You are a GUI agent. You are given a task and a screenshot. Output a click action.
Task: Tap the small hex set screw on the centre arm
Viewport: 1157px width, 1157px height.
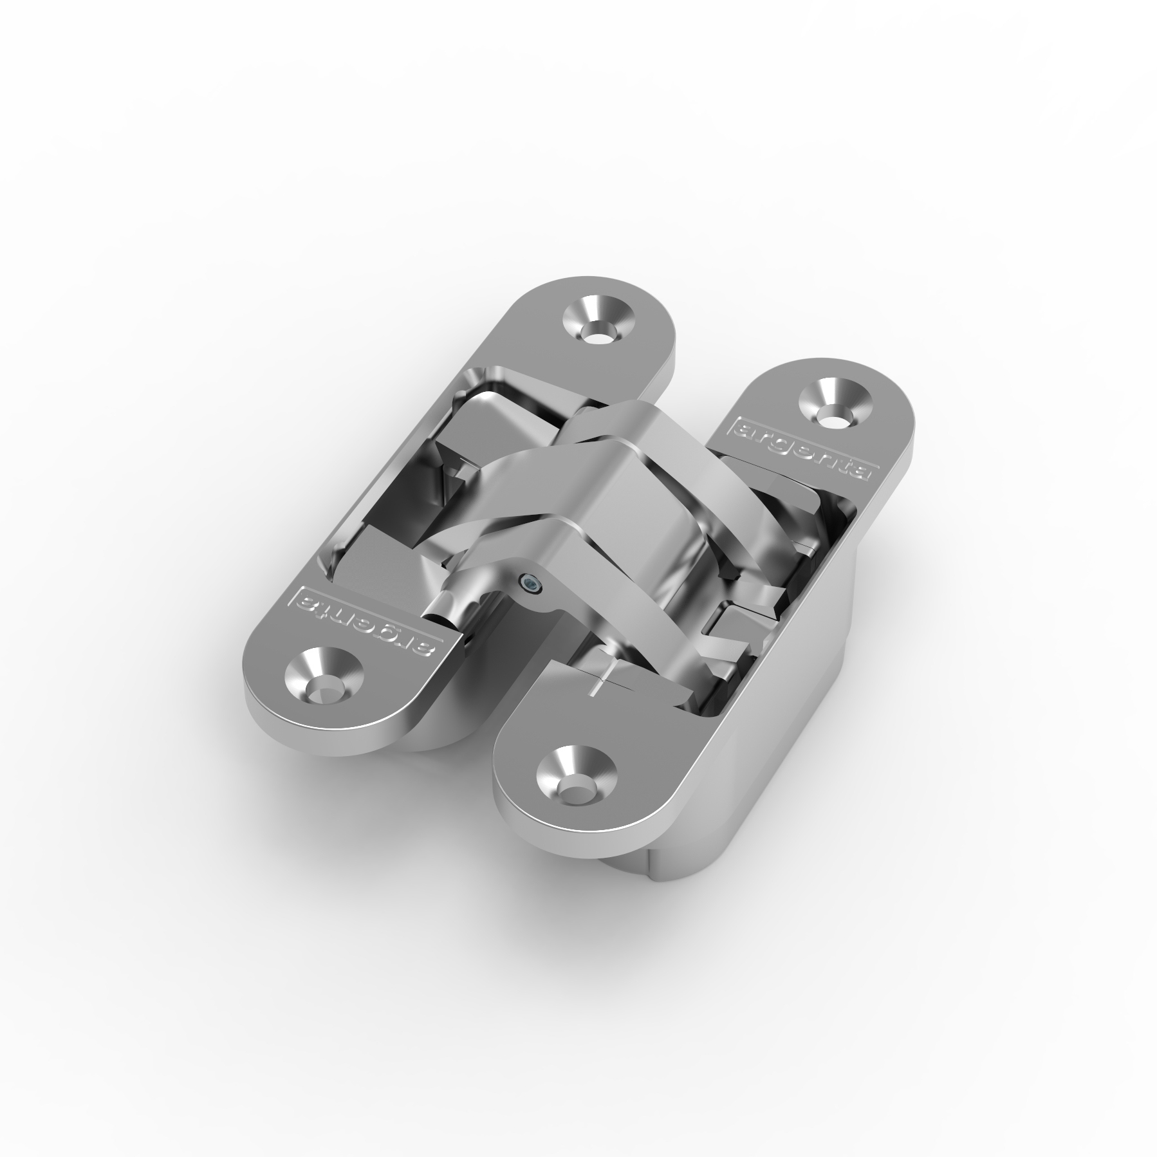[530, 583]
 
